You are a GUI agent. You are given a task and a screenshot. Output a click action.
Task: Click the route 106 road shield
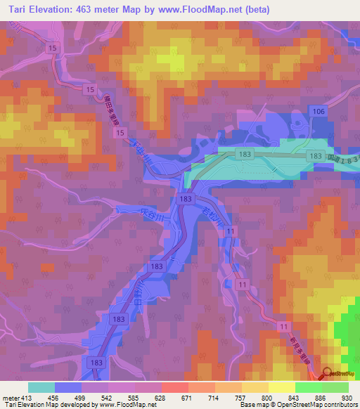[x=319, y=112]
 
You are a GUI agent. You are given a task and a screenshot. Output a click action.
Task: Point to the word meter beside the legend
[x=10, y=398]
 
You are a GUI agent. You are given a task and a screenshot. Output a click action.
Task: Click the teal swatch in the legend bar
[x=41, y=387]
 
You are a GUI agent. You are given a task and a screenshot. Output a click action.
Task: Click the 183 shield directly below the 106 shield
[x=316, y=155]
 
